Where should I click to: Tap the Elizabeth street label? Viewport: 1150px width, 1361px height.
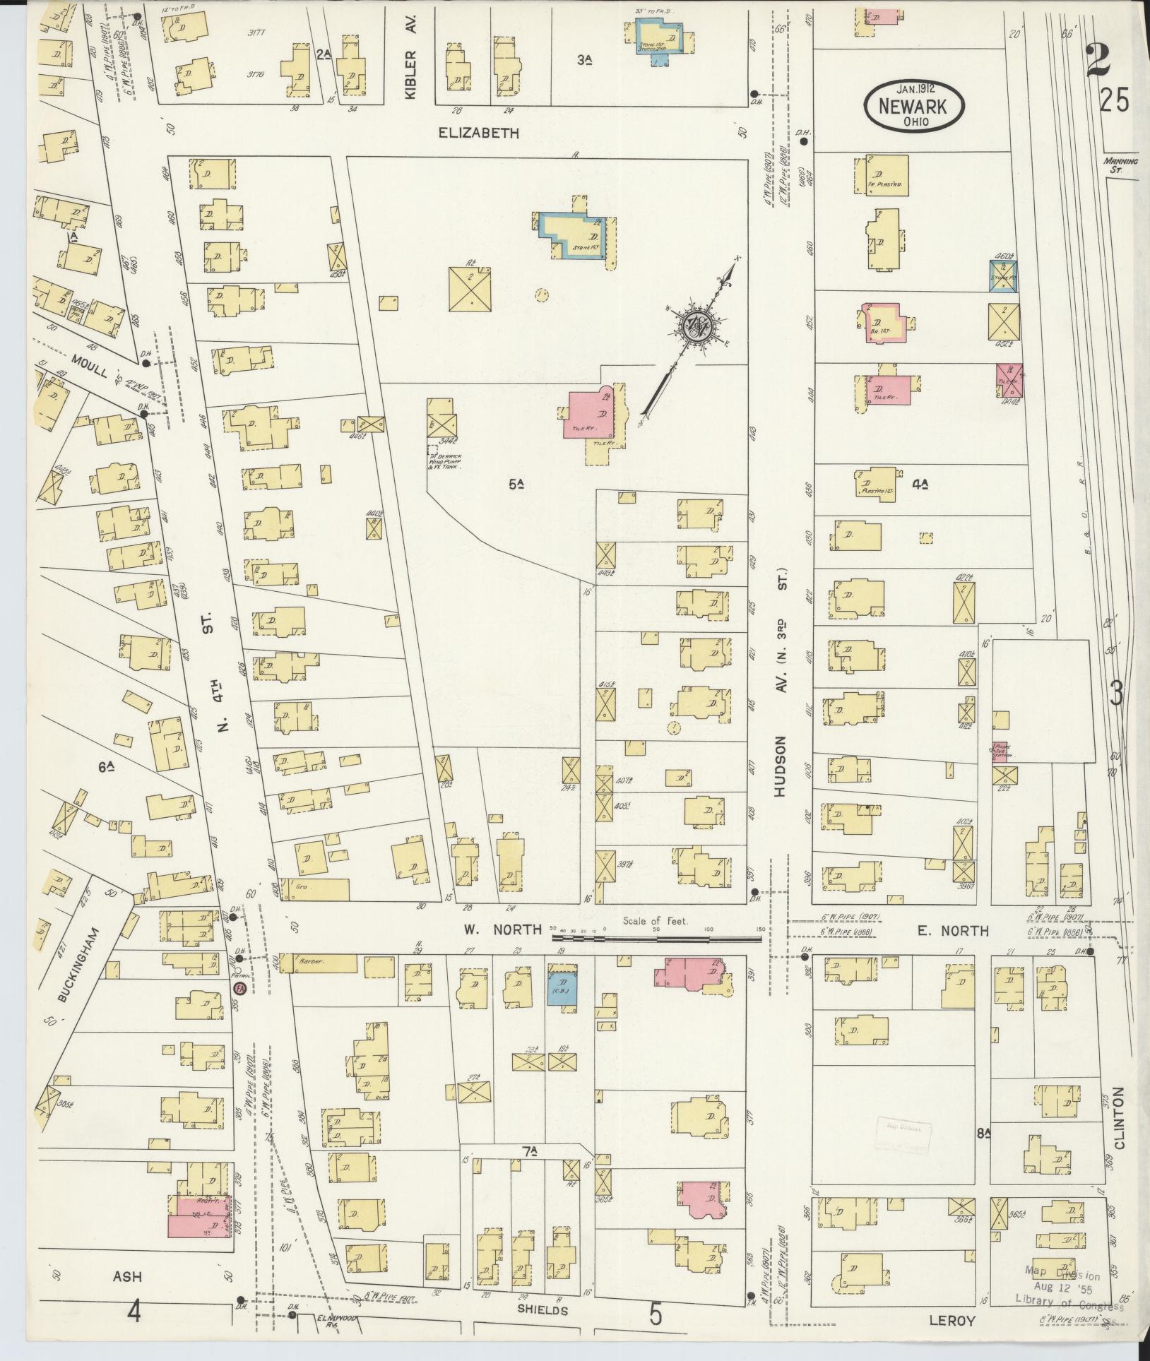click(x=479, y=133)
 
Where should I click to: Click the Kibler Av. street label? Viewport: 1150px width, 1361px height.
click(x=412, y=56)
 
